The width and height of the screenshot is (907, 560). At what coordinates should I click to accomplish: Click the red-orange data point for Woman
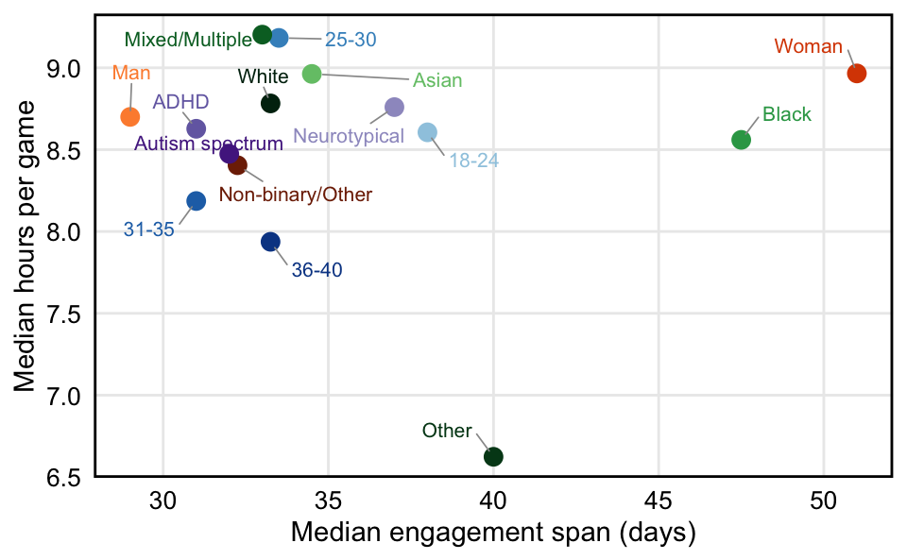point(857,74)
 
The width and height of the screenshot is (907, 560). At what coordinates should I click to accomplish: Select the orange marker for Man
point(130,117)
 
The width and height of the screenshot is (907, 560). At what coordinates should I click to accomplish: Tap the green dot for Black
point(742,140)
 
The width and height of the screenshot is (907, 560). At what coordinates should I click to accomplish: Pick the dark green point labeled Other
point(493,457)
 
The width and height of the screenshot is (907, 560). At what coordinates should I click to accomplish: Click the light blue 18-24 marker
point(428,133)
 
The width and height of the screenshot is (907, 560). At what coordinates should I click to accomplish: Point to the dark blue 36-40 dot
point(270,242)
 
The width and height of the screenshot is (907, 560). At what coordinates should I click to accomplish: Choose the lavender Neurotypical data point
point(395,108)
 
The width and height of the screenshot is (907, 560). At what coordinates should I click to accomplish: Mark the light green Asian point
point(312,74)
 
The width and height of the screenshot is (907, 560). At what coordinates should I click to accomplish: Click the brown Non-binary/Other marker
point(238,165)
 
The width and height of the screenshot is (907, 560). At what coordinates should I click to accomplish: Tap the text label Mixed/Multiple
point(188,40)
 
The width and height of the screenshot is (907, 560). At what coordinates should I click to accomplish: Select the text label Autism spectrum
point(209,144)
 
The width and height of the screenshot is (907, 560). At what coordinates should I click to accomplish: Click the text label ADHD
point(180,102)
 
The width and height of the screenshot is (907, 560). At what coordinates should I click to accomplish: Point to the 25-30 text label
point(351,40)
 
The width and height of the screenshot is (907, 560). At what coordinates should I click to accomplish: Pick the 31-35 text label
point(149,229)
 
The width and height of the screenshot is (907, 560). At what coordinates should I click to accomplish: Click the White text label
point(258,76)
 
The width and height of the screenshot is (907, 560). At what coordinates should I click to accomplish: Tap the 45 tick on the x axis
point(659,497)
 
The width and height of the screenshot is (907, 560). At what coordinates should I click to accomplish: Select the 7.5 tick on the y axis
point(61,314)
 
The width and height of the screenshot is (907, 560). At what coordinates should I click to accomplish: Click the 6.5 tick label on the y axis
point(61,477)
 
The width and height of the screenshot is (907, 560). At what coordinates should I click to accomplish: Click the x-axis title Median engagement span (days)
point(493,533)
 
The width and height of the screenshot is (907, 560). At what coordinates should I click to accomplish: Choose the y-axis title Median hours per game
point(26,247)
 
